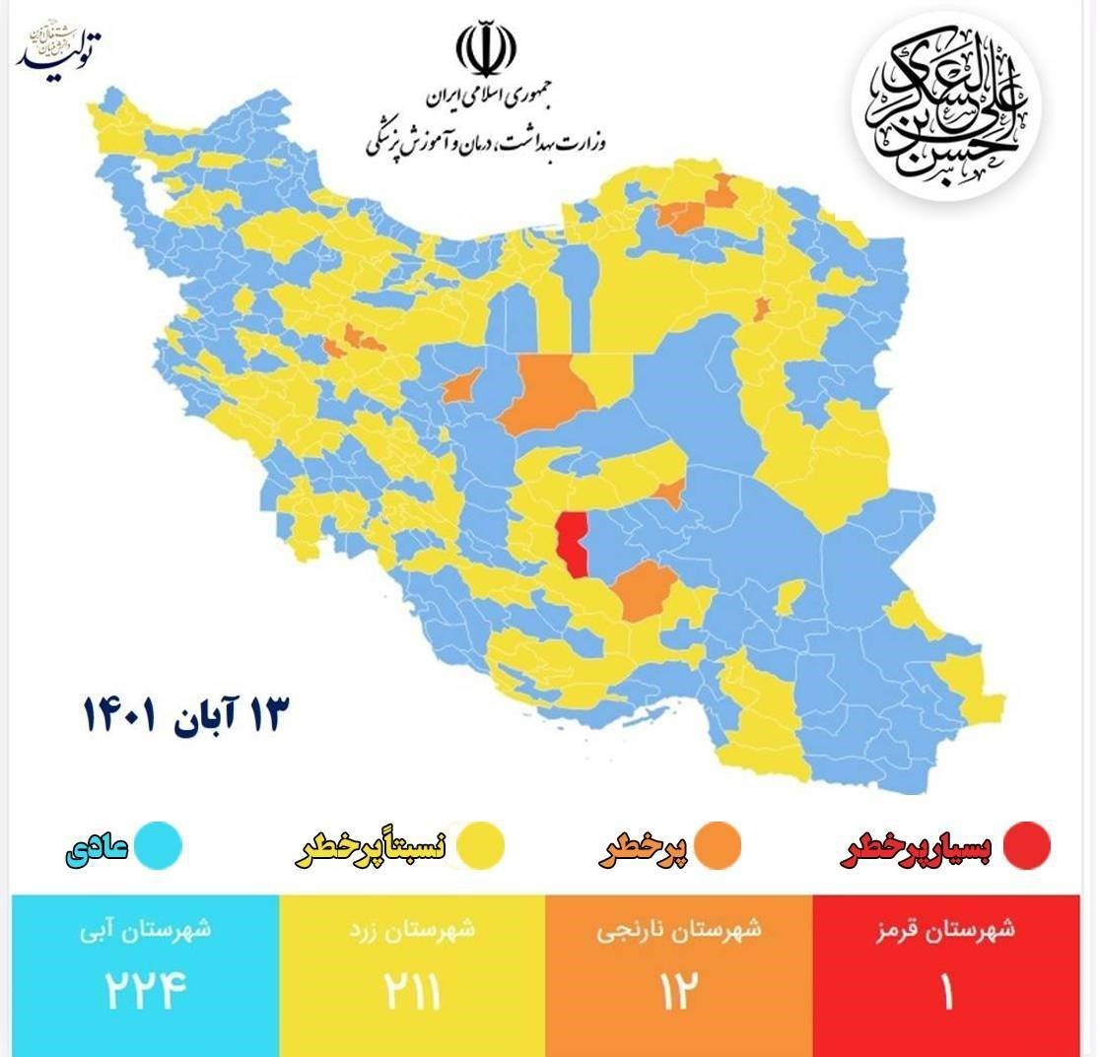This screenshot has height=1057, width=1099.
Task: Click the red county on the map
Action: [x=571, y=546]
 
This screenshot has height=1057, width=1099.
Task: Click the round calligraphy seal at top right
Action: [x=946, y=106]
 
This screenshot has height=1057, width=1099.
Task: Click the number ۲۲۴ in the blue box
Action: [x=146, y=991]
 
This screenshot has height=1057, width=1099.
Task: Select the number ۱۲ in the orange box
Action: [x=678, y=991]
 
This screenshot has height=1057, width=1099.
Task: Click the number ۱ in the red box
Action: [x=947, y=991]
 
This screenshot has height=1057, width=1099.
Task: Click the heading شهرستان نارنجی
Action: [x=678, y=930]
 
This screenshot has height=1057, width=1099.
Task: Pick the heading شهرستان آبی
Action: [x=146, y=930]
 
